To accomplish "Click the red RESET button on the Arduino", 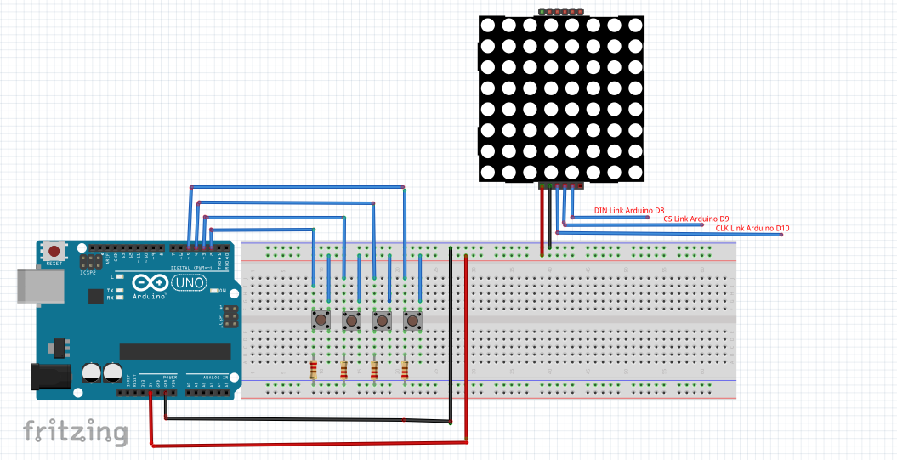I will tap(55, 251).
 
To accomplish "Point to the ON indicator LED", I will tap(215, 291).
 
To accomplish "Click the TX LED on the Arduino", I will tap(121, 290).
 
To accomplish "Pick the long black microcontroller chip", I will tap(174, 350).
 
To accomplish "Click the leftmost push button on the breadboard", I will tap(322, 320).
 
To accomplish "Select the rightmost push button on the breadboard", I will tap(412, 320).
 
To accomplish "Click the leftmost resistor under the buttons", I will tap(315, 370).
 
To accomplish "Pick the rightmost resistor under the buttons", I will tap(404, 370).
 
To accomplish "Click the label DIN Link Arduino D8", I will tap(628, 210).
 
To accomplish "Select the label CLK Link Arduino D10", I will tap(752, 228).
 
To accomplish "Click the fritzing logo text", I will tap(76, 432).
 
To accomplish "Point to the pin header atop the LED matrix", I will tap(561, 12).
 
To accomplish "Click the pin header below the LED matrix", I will tap(561, 185).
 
